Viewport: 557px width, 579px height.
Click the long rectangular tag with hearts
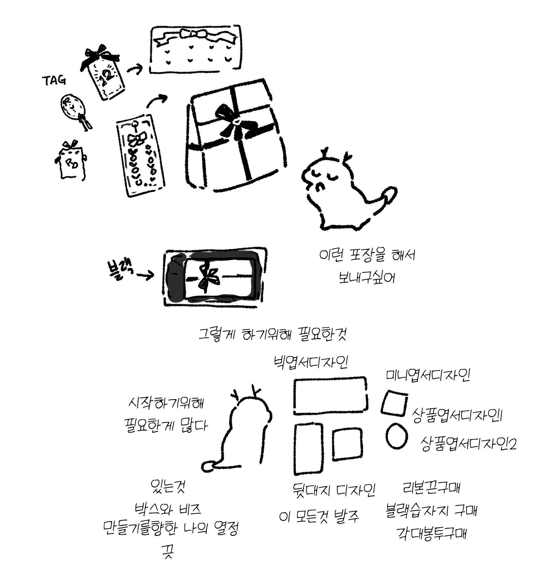click(141, 155)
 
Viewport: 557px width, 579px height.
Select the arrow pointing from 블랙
click(145, 276)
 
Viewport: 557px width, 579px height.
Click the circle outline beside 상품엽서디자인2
click(396, 436)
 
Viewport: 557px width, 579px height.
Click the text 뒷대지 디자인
click(333, 490)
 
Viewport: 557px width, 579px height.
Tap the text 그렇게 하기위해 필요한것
click(272, 334)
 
